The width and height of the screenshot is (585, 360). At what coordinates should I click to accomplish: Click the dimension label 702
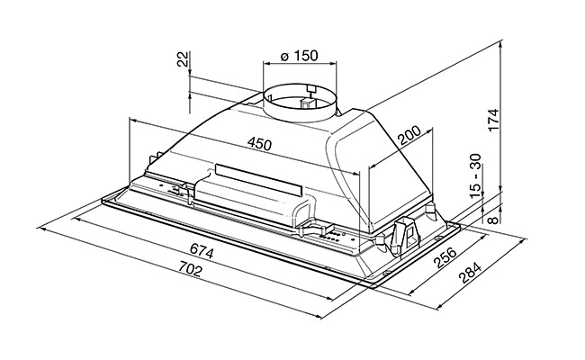point(190,269)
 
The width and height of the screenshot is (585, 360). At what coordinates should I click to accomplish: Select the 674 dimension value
point(202,250)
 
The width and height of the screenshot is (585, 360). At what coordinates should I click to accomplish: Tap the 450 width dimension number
point(260,144)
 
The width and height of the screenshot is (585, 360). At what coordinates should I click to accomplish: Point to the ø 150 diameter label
point(299,56)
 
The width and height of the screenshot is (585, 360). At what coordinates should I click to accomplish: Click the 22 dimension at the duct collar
point(183,58)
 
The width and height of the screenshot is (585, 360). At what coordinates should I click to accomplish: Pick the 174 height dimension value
point(493,120)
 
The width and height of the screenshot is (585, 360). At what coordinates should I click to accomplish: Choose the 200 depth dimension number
point(409,135)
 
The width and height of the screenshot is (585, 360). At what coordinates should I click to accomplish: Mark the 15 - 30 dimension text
point(476,175)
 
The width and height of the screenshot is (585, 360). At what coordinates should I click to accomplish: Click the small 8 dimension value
point(493,220)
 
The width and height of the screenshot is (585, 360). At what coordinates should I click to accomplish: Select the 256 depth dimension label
point(445,257)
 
